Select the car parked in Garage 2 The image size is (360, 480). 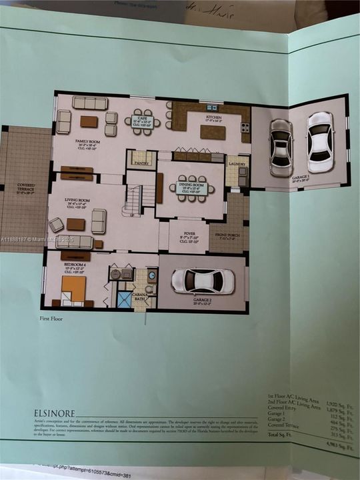coord(203,281)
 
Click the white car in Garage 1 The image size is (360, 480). coord(320,141)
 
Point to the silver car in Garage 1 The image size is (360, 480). coord(281,147)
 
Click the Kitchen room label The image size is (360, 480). coord(213,118)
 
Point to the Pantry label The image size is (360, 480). coord(141,162)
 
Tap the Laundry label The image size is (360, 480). coord(236,163)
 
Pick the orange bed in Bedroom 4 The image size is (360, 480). coord(73,289)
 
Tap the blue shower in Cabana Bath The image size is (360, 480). coord(125,299)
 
